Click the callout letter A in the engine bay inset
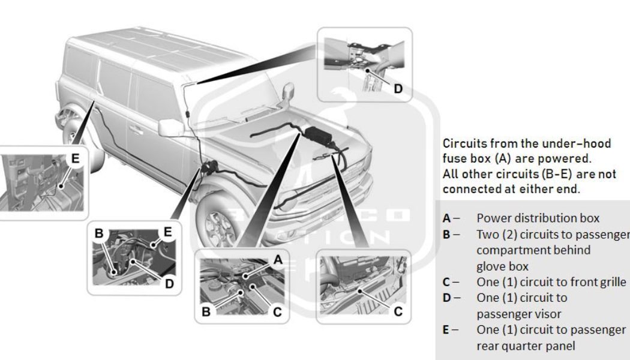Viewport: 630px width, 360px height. pyautogui.click(x=277, y=259)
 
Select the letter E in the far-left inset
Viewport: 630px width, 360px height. pyautogui.click(x=75, y=158)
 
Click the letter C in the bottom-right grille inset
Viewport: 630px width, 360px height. pyautogui.click(x=398, y=311)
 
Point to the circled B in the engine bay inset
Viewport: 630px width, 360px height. pyautogui.click(x=206, y=311)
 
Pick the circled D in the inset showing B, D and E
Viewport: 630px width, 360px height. pyautogui.click(x=169, y=284)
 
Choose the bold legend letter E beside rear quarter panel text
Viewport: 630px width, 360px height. pyautogui.click(x=446, y=330)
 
